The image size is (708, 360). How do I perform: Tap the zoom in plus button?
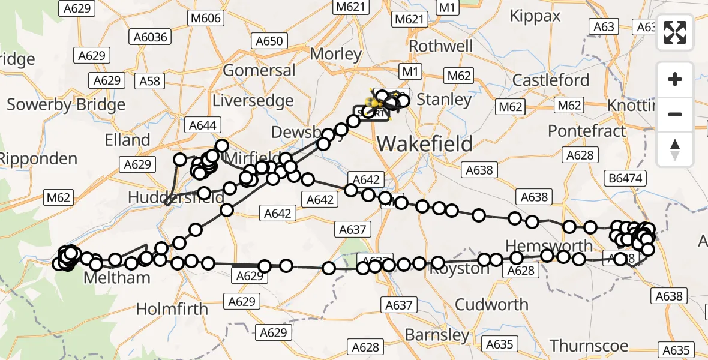675,79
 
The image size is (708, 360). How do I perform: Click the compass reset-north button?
675,149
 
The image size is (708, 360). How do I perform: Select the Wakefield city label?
425,144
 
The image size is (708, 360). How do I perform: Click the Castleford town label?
551,80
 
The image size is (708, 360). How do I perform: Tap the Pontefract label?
587,131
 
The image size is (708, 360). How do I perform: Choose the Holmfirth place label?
172,309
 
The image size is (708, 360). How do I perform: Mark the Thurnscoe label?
589,346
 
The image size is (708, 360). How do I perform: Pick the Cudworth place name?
491,304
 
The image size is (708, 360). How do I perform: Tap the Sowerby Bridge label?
66,104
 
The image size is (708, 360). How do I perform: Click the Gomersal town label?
259,70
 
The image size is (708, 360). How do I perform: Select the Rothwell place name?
441,46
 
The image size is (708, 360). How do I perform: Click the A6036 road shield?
150,38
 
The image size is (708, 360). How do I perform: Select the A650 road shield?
269,41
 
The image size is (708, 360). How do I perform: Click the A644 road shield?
205,125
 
